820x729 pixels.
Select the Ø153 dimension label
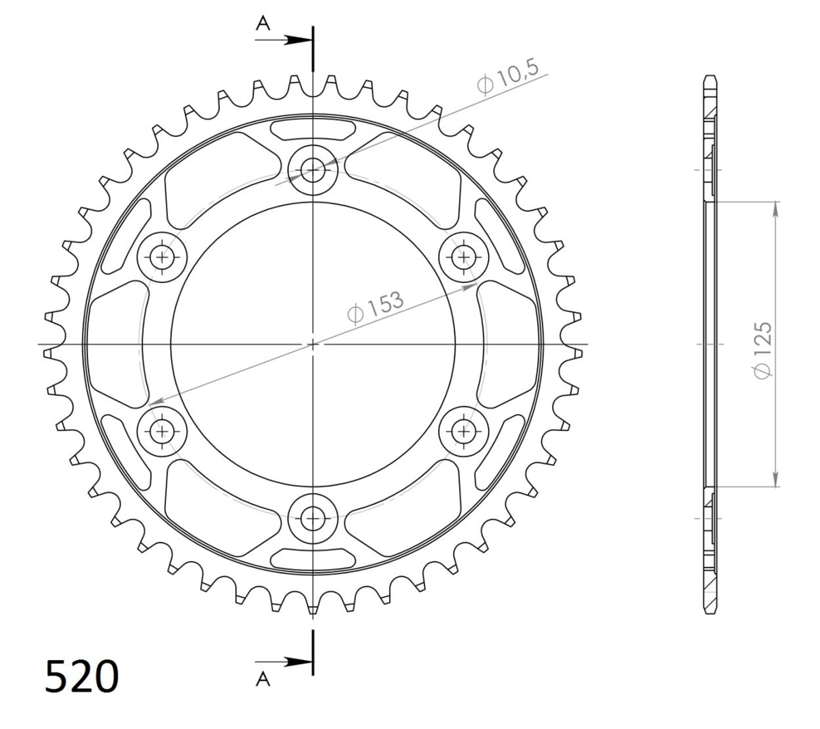coord(375,307)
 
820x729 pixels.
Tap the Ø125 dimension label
coord(763,350)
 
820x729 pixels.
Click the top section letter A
coord(263,24)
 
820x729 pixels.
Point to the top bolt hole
coord(312,170)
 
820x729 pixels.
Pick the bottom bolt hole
coord(312,519)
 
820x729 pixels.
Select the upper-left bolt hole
coord(162,257)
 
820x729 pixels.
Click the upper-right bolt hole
coord(463,257)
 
